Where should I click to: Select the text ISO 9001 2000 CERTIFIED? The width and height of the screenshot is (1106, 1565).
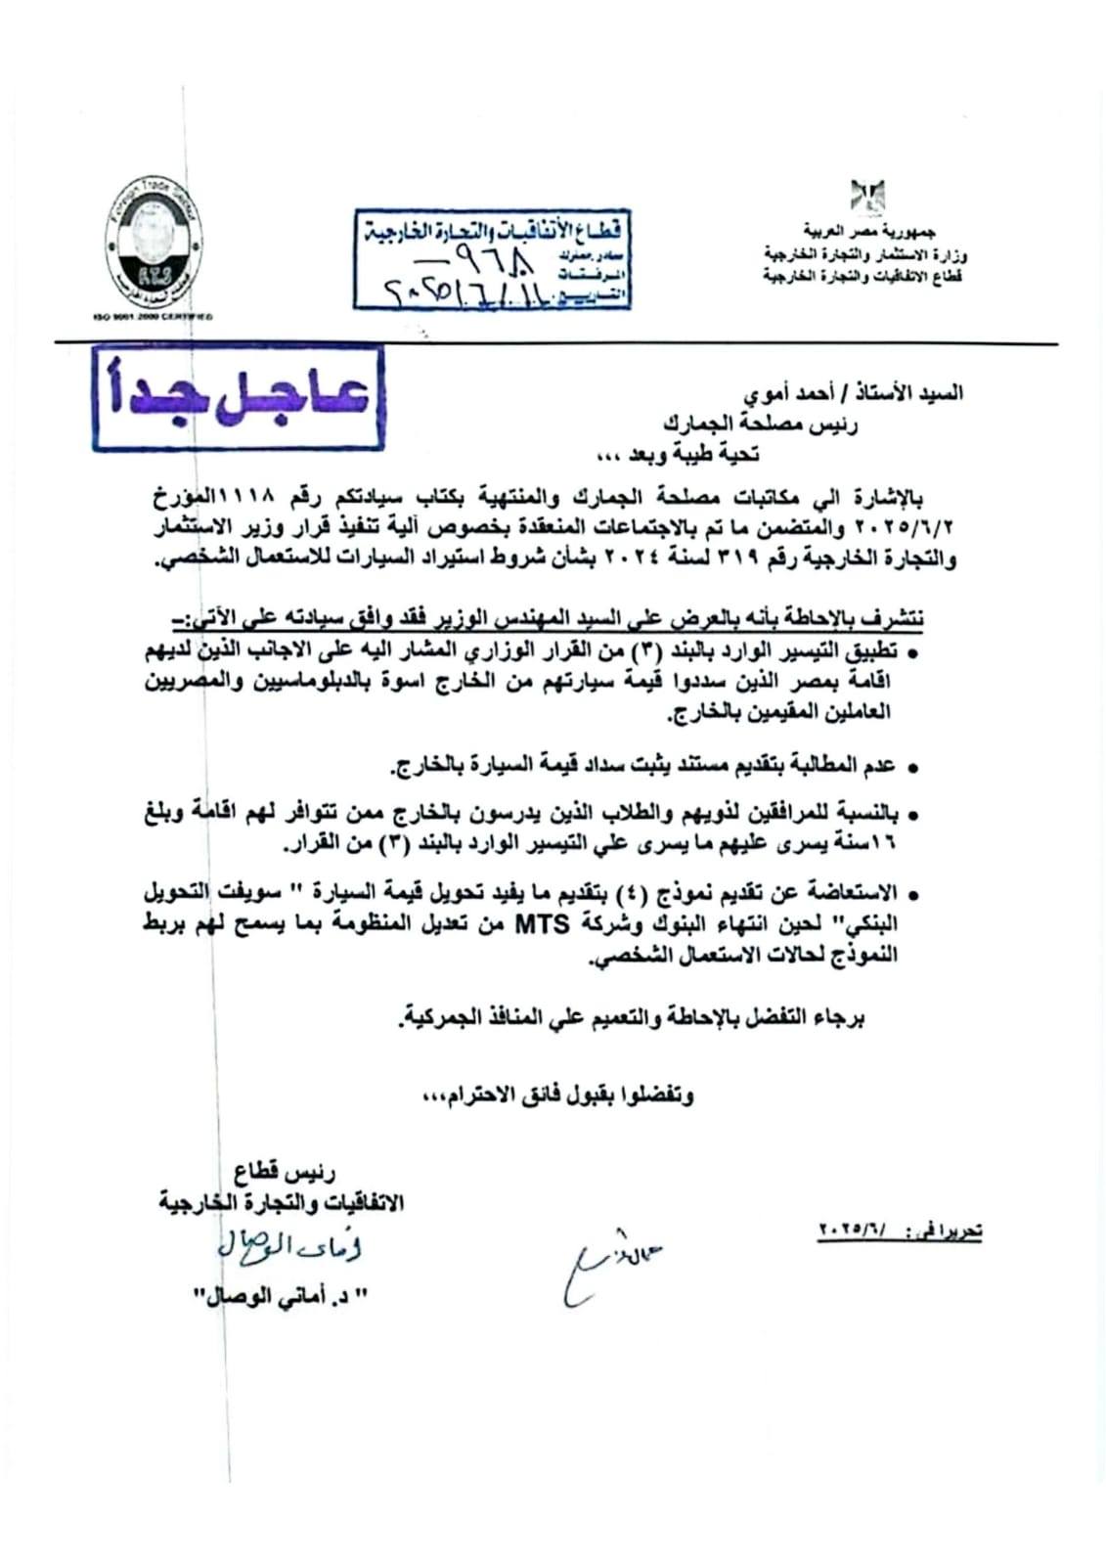(x=151, y=317)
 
